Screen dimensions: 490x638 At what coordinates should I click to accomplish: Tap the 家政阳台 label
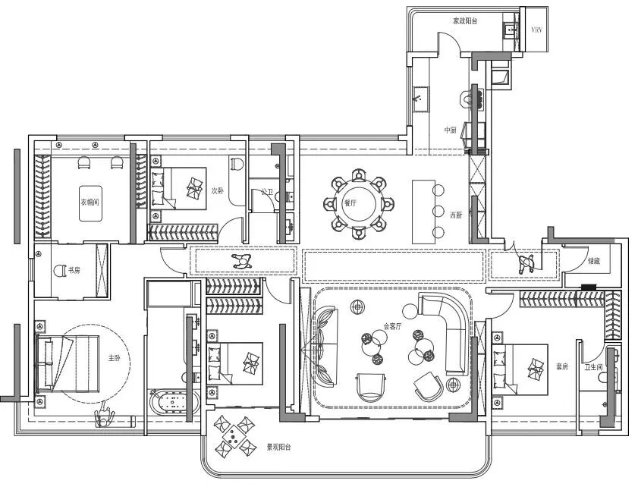[465, 21]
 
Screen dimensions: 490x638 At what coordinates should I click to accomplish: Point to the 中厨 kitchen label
[451, 130]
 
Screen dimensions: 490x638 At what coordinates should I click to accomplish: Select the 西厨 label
[456, 215]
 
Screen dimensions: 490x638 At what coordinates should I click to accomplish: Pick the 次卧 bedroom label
[218, 190]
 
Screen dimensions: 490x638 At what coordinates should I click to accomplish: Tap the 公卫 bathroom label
[266, 193]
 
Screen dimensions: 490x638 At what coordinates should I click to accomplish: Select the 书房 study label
[75, 270]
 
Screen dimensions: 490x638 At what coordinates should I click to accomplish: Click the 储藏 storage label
[596, 261]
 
